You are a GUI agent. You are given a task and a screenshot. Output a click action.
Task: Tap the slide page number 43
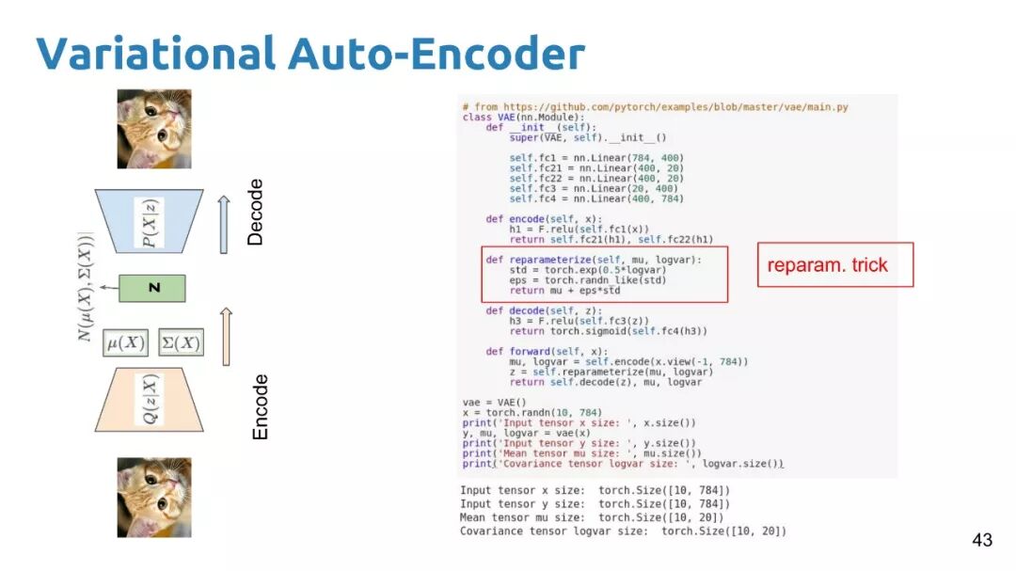[x=981, y=540]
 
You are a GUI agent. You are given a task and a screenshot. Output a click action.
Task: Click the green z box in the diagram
[x=152, y=288]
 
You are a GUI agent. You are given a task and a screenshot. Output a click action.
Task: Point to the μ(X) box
[x=125, y=343]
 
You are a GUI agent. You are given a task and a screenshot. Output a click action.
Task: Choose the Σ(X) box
[x=181, y=343]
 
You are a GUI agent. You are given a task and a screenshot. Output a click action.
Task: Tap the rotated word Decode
[x=255, y=213]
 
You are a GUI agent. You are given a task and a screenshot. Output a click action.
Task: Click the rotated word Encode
[x=261, y=406]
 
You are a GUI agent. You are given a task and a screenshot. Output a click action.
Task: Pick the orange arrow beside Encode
[x=226, y=336]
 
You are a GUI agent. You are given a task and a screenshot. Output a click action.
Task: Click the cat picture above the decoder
[x=153, y=129]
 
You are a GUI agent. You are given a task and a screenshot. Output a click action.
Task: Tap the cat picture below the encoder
[x=153, y=498]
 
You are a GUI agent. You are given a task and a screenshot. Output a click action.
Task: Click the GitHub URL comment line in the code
[x=655, y=107]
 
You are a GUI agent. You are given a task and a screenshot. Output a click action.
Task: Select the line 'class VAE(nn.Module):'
[x=523, y=117]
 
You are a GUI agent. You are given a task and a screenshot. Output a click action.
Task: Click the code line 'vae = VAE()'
[x=488, y=403]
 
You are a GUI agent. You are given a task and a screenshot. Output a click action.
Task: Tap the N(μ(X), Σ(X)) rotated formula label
[x=87, y=287]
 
